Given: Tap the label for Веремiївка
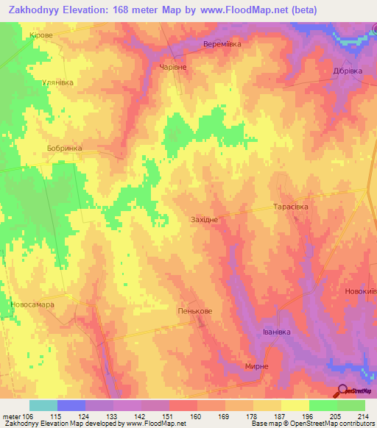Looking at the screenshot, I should click(x=222, y=44).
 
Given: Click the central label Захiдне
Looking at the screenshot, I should click(x=204, y=220).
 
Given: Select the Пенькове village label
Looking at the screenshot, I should click(x=195, y=312).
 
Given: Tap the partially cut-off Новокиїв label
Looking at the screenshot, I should click(x=360, y=292).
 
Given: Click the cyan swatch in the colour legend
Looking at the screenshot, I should click(x=43, y=405).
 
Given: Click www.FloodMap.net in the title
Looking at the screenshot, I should click(x=272, y=10).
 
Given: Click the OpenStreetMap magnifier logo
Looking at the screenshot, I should click(x=343, y=390).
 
